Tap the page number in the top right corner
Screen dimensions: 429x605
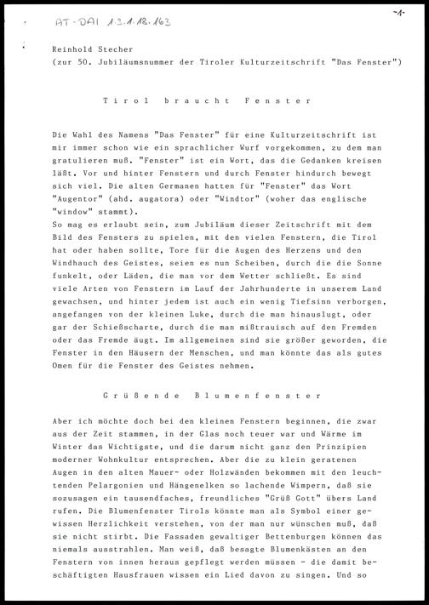click(x=398, y=13)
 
